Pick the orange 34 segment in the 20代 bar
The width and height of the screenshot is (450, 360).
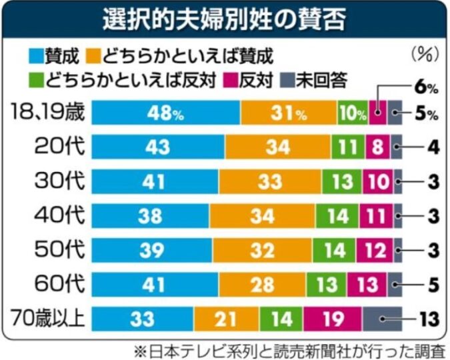pos(277,147)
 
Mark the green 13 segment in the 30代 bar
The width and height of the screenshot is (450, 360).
pos(341,181)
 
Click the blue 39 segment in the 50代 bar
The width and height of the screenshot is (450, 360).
pos(152,250)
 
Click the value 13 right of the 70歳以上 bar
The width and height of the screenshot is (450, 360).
pos(426,319)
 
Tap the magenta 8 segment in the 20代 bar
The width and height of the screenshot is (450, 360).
pos(378,147)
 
